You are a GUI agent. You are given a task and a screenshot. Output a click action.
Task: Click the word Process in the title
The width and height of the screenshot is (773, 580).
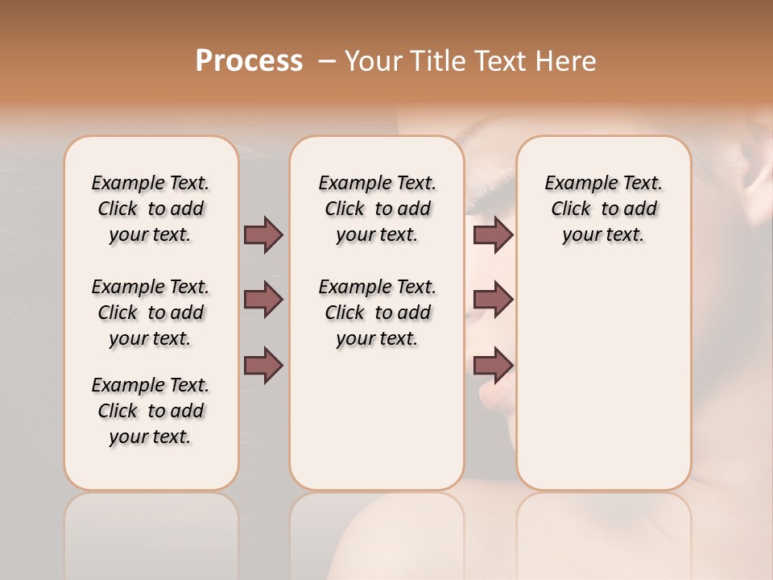249,61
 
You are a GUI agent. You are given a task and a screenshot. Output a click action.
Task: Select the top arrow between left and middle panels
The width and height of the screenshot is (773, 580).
263,234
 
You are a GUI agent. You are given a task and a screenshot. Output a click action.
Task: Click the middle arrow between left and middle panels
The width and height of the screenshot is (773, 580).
263,300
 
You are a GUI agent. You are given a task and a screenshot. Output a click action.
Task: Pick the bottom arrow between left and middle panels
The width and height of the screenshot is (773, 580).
263,366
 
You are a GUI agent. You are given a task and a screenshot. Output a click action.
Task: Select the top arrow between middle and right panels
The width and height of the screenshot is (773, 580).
493,234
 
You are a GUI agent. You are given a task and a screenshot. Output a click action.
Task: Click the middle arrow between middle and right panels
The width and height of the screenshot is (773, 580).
493,300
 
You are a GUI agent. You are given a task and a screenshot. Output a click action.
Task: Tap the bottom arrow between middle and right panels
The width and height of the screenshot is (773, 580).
493,366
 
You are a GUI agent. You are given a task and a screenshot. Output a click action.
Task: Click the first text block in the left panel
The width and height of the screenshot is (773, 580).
151,209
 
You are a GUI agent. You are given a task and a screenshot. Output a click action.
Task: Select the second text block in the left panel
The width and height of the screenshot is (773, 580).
151,313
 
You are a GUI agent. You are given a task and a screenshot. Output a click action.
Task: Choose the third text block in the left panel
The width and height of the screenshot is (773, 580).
151,411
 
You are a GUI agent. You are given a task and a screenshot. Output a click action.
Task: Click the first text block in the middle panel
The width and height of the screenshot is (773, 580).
377,209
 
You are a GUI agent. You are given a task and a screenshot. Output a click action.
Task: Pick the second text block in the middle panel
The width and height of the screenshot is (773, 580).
377,313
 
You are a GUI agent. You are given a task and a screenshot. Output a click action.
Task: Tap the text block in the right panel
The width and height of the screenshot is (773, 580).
603,209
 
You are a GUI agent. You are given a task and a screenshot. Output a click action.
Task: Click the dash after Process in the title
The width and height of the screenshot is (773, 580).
327,61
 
